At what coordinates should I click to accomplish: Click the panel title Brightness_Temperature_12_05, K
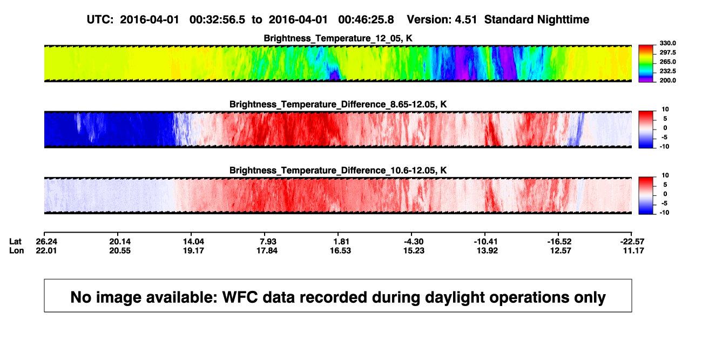click(x=338, y=38)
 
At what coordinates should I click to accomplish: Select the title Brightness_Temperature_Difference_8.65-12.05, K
click(x=338, y=104)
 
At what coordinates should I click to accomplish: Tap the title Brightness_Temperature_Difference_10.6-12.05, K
click(x=338, y=171)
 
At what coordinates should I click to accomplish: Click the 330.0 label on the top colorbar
click(x=667, y=43)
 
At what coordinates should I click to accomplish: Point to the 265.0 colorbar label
click(x=667, y=62)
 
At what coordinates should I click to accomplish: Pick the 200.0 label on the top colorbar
click(x=667, y=80)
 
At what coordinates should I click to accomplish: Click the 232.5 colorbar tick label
click(x=667, y=71)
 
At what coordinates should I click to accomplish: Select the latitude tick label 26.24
click(x=46, y=242)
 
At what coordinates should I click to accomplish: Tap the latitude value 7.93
click(x=268, y=242)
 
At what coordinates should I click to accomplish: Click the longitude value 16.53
click(x=340, y=250)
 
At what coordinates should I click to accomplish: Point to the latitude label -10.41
click(x=486, y=242)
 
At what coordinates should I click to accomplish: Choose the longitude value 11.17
click(x=633, y=250)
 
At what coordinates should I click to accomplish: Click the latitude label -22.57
click(x=632, y=242)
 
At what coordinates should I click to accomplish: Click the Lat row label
click(x=15, y=242)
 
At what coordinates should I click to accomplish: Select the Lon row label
click(x=17, y=250)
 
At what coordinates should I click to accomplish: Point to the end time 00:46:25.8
click(x=366, y=20)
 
